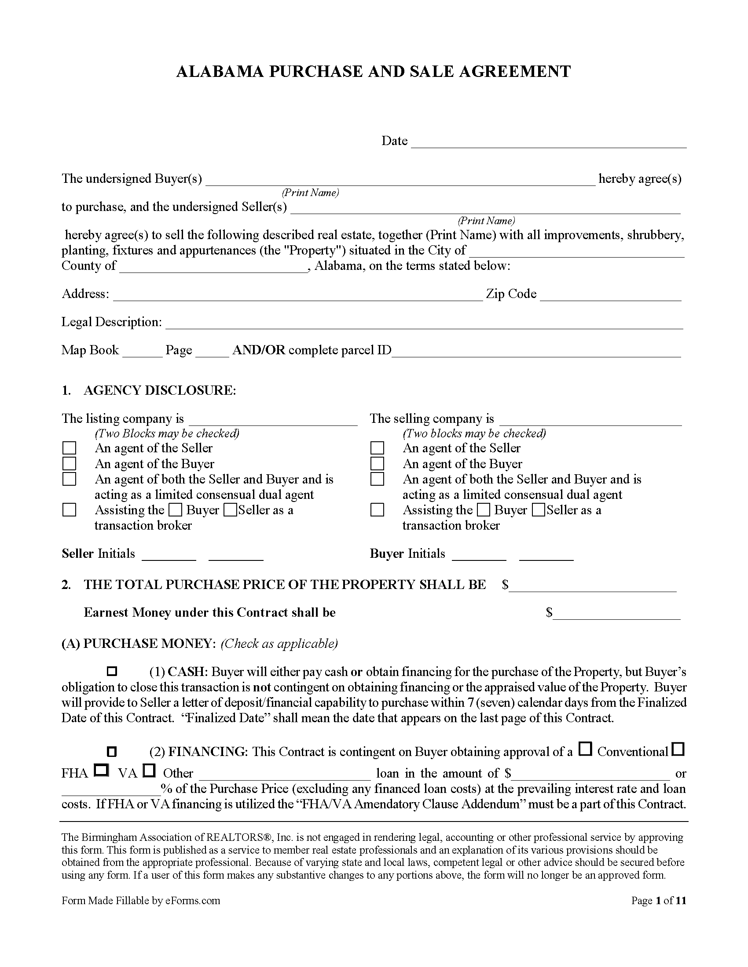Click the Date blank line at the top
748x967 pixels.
[549, 142]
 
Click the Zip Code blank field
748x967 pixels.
[610, 296]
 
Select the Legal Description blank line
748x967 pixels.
[424, 324]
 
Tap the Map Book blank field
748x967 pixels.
[142, 352]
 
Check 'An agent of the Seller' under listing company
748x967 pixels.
[69, 448]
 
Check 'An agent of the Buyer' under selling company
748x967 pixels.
[377, 464]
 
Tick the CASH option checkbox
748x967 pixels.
[112, 671]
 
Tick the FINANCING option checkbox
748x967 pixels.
[112, 751]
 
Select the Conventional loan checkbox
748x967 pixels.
[586, 749]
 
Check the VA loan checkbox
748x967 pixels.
[150, 771]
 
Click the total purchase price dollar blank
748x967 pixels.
[593, 586]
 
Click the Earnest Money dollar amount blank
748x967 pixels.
[616, 614]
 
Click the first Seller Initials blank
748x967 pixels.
[169, 556]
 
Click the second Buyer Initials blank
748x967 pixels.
[546, 556]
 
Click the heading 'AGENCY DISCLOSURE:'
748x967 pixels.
[160, 390]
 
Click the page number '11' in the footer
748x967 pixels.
[681, 901]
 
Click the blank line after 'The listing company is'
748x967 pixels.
[272, 421]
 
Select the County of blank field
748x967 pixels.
[213, 268]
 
